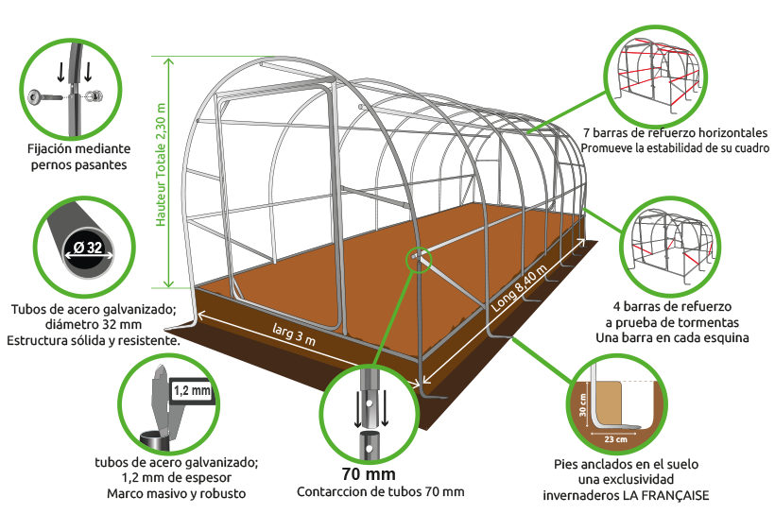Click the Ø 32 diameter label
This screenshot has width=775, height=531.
pyautogui.click(x=88, y=247)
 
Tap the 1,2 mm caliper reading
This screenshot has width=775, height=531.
pyautogui.click(x=192, y=391)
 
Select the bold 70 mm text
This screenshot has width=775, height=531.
pyautogui.click(x=369, y=474)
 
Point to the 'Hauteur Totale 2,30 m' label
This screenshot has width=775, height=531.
pyautogui.click(x=161, y=165)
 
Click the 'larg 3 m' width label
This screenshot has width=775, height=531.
pyautogui.click(x=294, y=334)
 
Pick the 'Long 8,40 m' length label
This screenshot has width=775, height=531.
pyautogui.click(x=519, y=288)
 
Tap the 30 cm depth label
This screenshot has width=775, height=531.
pyautogui.click(x=583, y=405)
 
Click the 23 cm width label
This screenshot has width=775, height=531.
pyautogui.click(x=616, y=439)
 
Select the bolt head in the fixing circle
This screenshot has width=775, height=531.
pyautogui.click(x=36, y=96)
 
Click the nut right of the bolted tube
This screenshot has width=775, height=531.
pyautogui.click(x=93, y=96)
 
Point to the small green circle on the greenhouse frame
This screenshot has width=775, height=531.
pyautogui.click(x=419, y=259)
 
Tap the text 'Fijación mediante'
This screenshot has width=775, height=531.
pyautogui.click(x=79, y=149)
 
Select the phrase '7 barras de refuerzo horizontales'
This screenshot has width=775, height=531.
pyautogui.click(x=675, y=133)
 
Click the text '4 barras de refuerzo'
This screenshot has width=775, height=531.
pyautogui.click(x=672, y=307)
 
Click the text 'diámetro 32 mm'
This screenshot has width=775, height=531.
pyautogui.click(x=94, y=324)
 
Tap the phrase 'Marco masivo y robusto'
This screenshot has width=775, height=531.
pyautogui.click(x=177, y=493)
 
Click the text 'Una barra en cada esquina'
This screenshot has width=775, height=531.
pyautogui.click(x=672, y=338)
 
